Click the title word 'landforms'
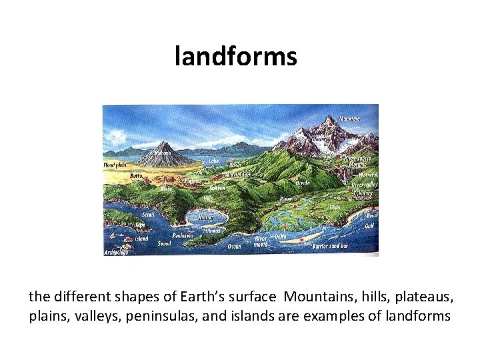235,56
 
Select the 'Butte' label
136,175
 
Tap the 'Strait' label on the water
148,214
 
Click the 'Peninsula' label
183,235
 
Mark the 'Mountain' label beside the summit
350,119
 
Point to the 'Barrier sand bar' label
331,246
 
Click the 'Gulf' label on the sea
369,226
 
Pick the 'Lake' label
214,161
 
